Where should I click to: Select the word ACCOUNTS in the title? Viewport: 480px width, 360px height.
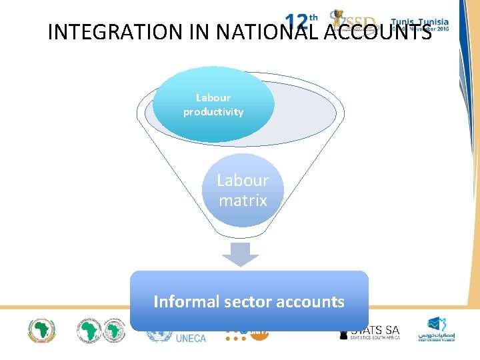(x=377, y=31)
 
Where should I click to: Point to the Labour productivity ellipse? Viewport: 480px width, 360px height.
(x=213, y=105)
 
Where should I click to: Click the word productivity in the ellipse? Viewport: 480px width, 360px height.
(x=213, y=112)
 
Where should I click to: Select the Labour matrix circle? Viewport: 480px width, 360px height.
(x=243, y=190)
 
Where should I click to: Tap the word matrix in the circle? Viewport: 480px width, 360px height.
(x=243, y=200)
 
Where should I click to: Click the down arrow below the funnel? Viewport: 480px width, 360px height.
(x=240, y=254)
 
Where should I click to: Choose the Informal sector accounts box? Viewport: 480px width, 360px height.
(x=249, y=300)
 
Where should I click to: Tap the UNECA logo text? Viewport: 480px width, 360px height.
(x=191, y=338)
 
